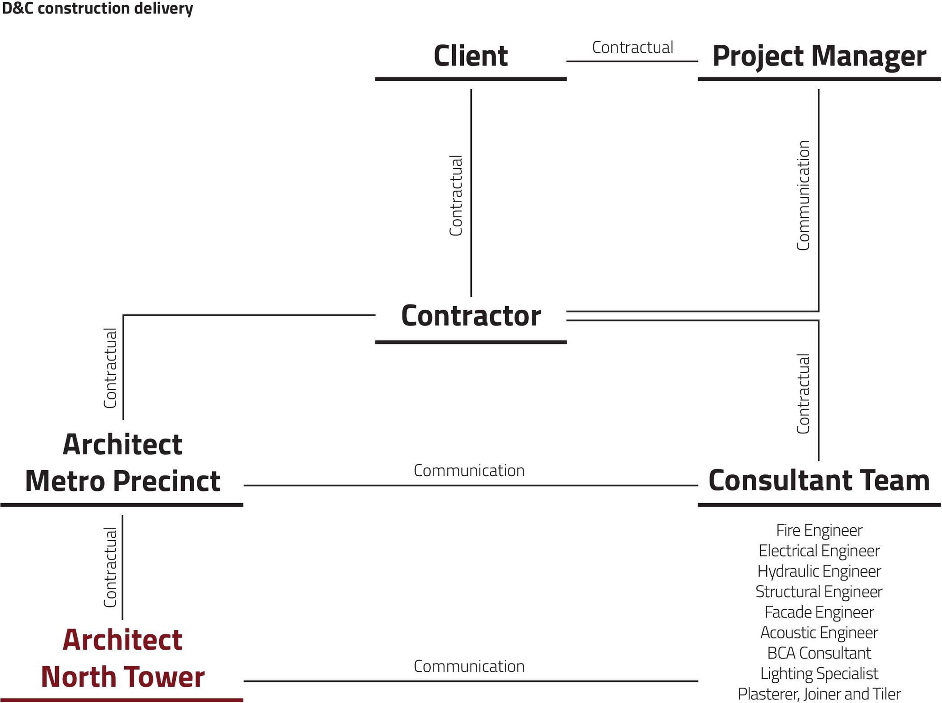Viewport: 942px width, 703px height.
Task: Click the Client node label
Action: pos(471,56)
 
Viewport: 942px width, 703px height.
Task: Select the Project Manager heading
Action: pos(819,56)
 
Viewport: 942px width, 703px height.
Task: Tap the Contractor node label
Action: pos(471,316)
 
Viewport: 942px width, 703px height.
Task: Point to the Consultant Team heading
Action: pos(819,481)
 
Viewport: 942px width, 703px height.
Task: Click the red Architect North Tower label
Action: pos(122,658)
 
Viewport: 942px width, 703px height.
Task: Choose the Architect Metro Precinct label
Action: pos(122,463)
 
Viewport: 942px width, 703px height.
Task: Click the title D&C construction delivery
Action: pos(97,8)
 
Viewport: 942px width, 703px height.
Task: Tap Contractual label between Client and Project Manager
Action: pos(632,47)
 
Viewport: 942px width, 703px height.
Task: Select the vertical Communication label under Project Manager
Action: pos(803,195)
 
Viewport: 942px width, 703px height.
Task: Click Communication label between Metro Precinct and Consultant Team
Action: pos(469,470)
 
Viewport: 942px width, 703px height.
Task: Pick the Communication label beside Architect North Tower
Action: pos(469,666)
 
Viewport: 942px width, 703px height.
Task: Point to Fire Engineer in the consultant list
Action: pos(819,530)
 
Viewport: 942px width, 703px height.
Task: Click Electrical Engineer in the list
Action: pos(819,551)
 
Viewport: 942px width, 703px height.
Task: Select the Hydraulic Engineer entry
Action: pos(819,571)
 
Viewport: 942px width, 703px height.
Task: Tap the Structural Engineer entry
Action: pos(819,592)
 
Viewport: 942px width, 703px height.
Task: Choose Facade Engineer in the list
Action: pos(819,612)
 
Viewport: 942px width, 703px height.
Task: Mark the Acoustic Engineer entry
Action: pos(819,633)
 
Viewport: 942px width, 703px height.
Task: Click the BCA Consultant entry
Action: pos(819,653)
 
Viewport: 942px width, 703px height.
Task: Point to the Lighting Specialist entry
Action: pos(819,673)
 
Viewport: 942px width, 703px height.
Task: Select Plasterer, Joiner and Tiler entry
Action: pos(819,694)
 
